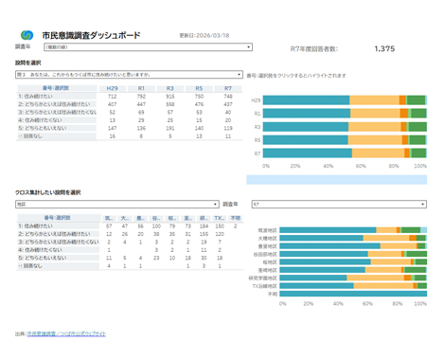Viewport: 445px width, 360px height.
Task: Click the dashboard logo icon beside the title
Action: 26,34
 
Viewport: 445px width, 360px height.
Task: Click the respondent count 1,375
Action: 384,47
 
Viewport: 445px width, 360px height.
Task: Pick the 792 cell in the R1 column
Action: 141,96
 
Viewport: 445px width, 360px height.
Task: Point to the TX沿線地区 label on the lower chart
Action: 264,285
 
